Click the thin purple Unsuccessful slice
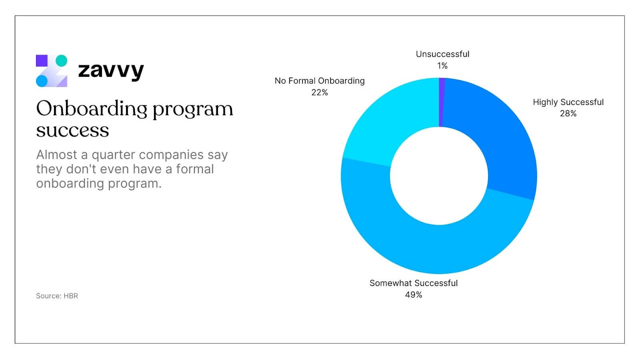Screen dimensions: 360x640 tap(442, 102)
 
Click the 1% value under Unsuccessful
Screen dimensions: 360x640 tap(442, 66)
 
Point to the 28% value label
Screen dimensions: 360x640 tap(568, 114)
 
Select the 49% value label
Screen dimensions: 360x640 tap(414, 295)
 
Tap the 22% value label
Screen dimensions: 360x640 tap(320, 92)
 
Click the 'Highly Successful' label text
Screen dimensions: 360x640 tap(568, 102)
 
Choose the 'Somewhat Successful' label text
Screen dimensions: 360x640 tap(414, 283)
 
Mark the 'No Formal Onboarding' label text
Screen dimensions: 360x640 tap(320, 81)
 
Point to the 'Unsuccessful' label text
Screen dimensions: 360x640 tap(442, 54)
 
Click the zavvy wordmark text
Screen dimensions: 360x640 tap(111, 71)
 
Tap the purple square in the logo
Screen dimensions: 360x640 tap(42, 61)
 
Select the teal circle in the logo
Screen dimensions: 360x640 tap(61, 61)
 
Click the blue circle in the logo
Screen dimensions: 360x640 tap(42, 81)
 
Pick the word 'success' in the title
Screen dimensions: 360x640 tap(72, 130)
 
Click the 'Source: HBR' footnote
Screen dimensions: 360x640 tap(57, 296)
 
